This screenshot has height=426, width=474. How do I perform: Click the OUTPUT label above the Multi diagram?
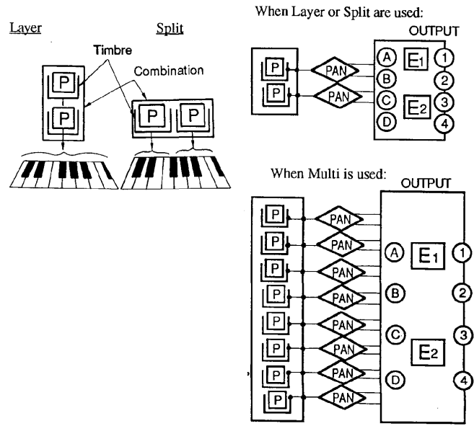425,186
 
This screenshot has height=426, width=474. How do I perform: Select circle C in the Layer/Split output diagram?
386,101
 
